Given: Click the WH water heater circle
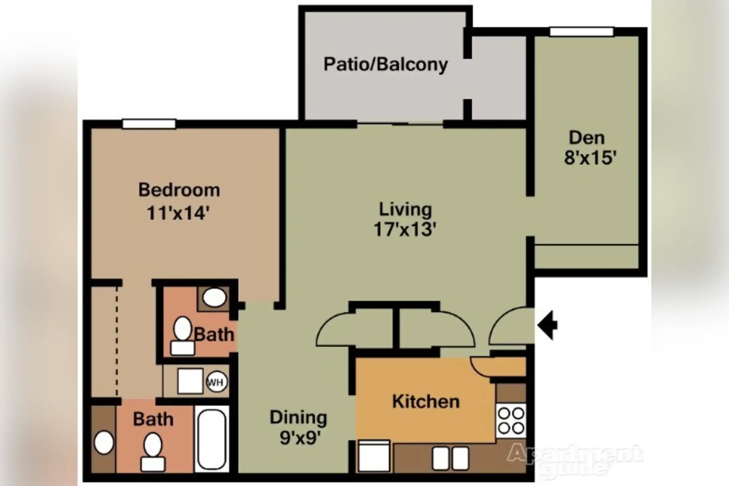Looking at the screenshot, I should [x=216, y=382].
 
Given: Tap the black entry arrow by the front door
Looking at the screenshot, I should [x=547, y=325].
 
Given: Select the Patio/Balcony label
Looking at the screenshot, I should [x=385, y=64].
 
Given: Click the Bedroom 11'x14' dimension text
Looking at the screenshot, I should [x=179, y=213].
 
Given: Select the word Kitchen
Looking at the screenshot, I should [x=426, y=402].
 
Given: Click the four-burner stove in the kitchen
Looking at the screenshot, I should [x=511, y=421].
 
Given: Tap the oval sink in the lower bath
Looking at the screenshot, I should [x=104, y=442].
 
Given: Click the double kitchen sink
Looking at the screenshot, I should [x=450, y=458].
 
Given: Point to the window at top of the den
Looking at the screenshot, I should [x=581, y=32].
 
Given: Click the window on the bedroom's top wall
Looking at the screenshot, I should [x=149, y=124].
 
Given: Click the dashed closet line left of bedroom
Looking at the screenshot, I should [x=117, y=341].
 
